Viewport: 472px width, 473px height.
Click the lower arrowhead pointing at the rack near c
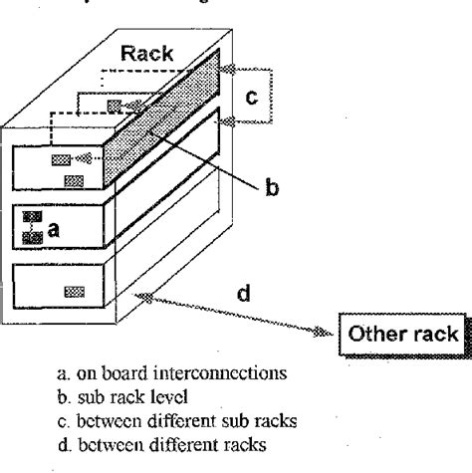tap(227, 120)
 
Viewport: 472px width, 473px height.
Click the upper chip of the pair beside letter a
tap(32, 218)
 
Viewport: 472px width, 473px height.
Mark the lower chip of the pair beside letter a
tap(36, 236)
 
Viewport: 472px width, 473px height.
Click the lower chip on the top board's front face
tap(73, 180)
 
